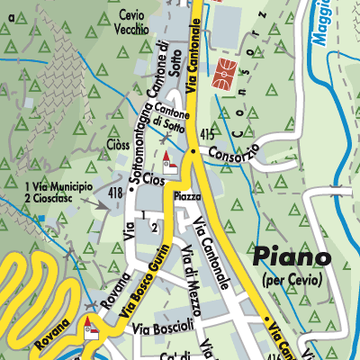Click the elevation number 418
pyautogui.click(x=114, y=193)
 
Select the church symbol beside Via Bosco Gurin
pyautogui.click(x=89, y=328)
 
